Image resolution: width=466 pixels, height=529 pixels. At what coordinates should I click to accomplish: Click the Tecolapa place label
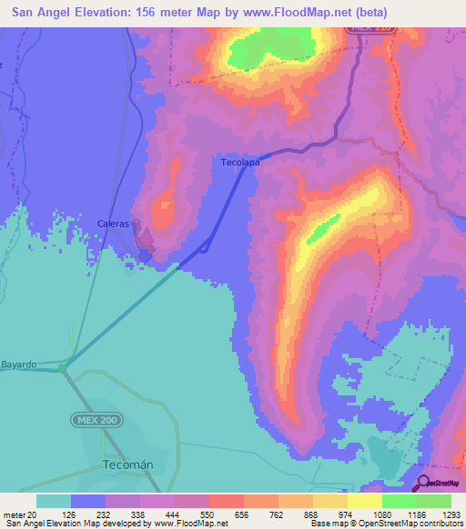tap(240, 163)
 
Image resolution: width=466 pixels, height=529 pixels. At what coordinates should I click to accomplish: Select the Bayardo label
tap(18, 364)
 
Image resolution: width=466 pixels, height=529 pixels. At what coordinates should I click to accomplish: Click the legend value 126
tap(70, 514)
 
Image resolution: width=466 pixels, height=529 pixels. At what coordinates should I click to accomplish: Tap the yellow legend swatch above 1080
tap(364, 501)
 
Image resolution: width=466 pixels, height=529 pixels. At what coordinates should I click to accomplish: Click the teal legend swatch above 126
tap(54, 501)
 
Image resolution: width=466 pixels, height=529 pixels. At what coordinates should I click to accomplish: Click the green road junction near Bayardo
tap(62, 368)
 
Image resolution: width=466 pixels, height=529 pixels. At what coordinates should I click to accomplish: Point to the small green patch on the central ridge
tap(322, 229)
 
